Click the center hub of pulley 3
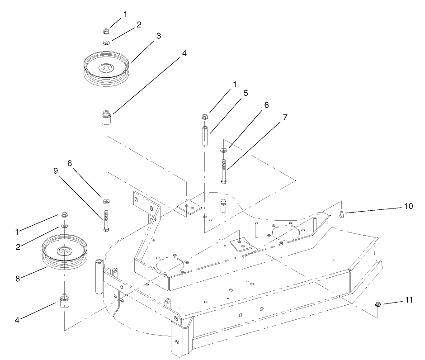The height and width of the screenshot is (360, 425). [106, 68]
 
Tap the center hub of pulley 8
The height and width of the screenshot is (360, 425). [64, 250]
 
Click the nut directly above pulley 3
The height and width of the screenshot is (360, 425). [106, 31]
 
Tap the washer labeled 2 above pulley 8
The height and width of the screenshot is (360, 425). [64, 225]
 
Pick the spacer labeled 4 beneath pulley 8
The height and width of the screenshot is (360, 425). [64, 301]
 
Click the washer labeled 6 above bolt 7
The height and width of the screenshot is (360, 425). [223, 150]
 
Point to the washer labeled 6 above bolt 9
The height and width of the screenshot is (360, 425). [106, 201]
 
